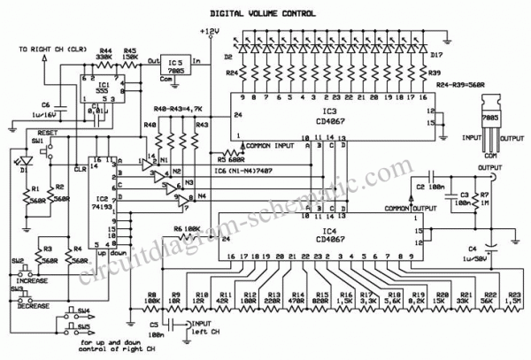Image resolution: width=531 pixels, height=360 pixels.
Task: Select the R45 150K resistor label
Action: (129, 56)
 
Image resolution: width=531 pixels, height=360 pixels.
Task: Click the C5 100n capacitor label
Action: (155, 333)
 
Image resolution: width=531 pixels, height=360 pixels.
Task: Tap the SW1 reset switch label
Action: (37, 140)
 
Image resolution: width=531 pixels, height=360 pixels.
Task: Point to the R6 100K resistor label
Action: (182, 229)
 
